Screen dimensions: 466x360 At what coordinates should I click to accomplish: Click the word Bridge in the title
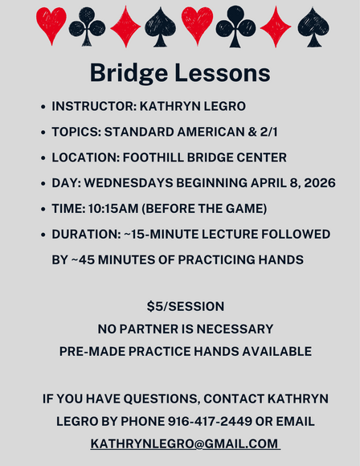point(130,73)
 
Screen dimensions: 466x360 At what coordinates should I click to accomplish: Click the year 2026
point(313,183)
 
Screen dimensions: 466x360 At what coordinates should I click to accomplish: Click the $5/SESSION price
point(186,306)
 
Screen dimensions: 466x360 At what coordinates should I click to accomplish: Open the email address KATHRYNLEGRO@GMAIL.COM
point(184,444)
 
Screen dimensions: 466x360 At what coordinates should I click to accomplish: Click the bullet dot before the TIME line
point(42,210)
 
